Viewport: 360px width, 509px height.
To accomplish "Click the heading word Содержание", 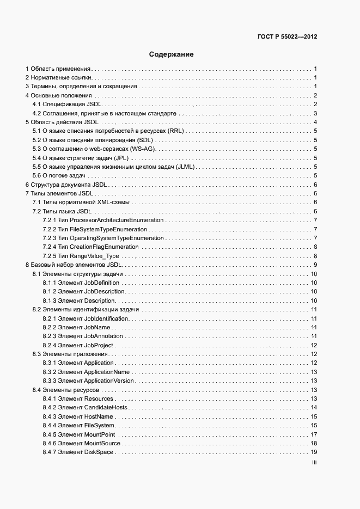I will click(x=171, y=54).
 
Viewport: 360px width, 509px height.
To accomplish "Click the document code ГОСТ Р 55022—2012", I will click(x=287, y=38).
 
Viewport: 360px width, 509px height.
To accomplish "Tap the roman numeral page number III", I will click(x=314, y=463).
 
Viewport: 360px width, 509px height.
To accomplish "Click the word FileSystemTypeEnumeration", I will click(x=114, y=229).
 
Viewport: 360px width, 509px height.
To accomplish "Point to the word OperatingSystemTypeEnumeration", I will click(x=124, y=238).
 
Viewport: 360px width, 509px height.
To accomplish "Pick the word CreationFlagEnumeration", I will click(x=112, y=247).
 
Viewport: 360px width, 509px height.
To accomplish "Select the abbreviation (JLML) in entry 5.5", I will click(x=185, y=167).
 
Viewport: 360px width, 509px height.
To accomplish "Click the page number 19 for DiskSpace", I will click(x=314, y=452).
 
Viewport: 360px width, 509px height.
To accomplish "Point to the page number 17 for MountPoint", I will click(x=314, y=434).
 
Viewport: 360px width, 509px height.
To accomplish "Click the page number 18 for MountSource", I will click(x=314, y=444).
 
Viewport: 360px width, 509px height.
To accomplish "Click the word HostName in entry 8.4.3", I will click(x=98, y=416).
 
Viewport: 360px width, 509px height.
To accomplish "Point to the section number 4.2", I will click(x=37, y=113).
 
